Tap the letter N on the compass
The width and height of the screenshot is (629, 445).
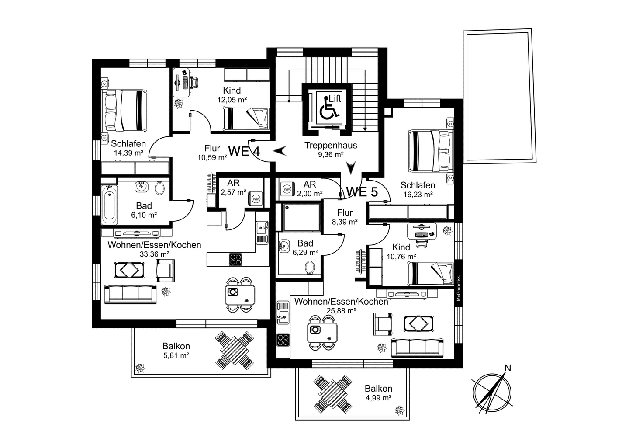(x=508, y=368)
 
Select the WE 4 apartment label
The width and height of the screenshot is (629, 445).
(x=244, y=151)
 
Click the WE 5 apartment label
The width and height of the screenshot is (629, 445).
(x=362, y=192)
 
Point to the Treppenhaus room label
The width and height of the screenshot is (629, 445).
(x=331, y=145)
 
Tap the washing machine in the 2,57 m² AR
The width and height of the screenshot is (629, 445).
(x=256, y=199)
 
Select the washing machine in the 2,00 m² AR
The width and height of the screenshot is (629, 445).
(x=287, y=189)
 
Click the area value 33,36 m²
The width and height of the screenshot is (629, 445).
(x=155, y=254)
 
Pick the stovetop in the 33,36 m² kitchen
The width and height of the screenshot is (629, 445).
(x=235, y=259)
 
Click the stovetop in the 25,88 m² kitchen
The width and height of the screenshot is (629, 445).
(x=283, y=340)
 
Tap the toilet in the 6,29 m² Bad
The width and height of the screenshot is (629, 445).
(x=310, y=268)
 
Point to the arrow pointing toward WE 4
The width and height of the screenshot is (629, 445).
(x=280, y=151)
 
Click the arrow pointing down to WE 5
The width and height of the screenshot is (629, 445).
(x=351, y=167)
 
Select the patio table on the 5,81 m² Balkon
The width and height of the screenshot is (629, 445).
(x=234, y=351)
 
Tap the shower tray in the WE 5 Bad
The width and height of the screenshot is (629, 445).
(x=301, y=218)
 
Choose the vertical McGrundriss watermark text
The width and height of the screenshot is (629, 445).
(x=458, y=288)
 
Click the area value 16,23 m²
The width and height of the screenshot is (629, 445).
(x=418, y=194)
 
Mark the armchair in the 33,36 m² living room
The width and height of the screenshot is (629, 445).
(x=166, y=270)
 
